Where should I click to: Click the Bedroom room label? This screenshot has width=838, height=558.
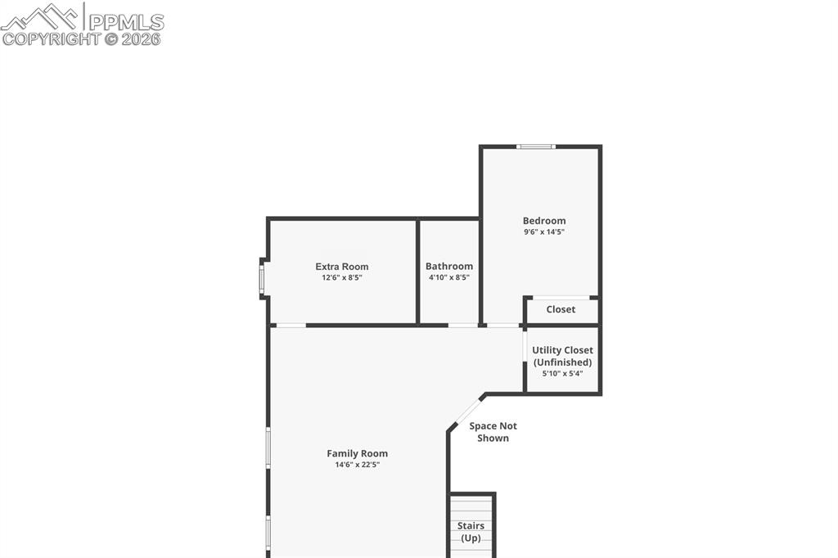pos(544,220)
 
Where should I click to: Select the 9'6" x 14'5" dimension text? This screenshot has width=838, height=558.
pos(544,232)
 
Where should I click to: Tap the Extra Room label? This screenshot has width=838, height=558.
pos(342,266)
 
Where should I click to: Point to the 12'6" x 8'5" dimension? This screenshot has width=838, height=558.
pos(342,278)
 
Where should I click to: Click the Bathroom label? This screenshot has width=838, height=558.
pos(449,266)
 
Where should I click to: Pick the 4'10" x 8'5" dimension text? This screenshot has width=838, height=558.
pos(449,278)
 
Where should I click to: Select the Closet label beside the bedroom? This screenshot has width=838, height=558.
pos(561,309)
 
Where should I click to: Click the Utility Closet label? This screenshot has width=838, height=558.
pos(562,350)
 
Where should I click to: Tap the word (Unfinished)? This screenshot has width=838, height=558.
pos(562,362)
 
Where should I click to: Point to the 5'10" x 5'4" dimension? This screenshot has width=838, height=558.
pos(562,374)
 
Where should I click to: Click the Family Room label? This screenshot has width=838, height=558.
pos(358,453)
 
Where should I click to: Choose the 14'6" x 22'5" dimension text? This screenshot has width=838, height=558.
pos(358,466)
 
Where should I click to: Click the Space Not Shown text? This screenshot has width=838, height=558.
pos(493,432)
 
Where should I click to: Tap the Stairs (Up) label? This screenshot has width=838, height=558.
pos(471,532)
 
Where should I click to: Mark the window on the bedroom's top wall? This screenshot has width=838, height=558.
pos(536,146)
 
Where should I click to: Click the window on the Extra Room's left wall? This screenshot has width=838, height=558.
pos(262,279)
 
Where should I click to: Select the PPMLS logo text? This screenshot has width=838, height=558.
pos(125,22)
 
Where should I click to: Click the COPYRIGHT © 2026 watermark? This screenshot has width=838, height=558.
pos(82,38)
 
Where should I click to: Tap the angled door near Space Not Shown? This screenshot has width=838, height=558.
pos(467,412)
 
